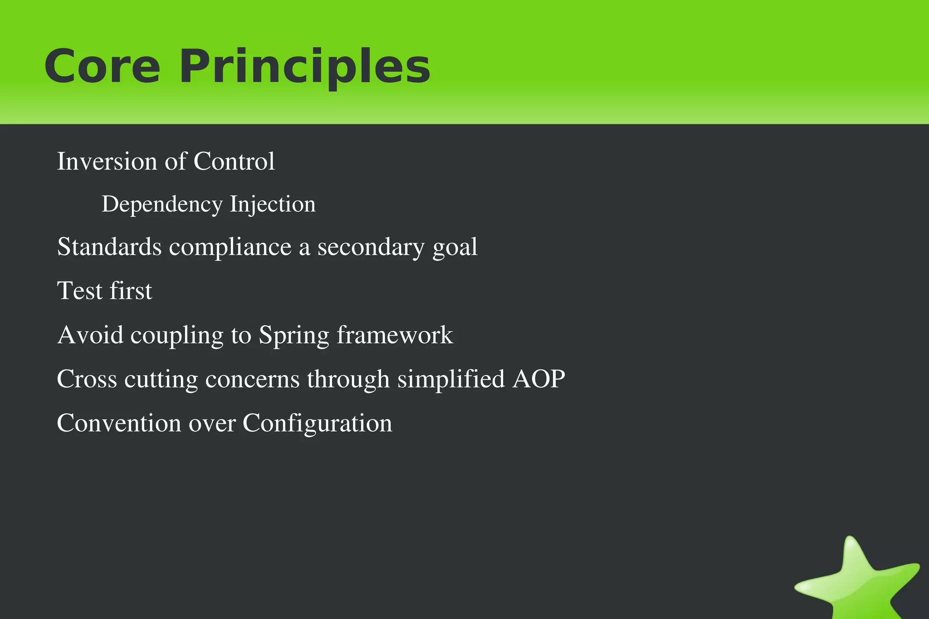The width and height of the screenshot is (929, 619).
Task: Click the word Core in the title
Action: tap(102, 67)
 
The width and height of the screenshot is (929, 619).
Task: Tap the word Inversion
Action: tap(107, 161)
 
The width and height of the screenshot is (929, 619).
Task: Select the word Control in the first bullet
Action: tap(234, 161)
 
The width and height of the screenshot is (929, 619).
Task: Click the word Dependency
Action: tap(161, 205)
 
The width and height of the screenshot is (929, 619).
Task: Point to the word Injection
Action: tap(272, 205)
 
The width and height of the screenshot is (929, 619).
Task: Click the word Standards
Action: tap(109, 247)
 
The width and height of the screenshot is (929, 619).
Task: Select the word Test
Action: tap(80, 291)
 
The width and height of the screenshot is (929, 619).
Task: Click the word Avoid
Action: tap(90, 335)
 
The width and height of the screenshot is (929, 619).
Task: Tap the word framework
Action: tap(395, 335)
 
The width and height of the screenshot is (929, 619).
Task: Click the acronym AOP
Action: tap(539, 379)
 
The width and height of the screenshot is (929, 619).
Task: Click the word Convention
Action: tap(119, 423)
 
